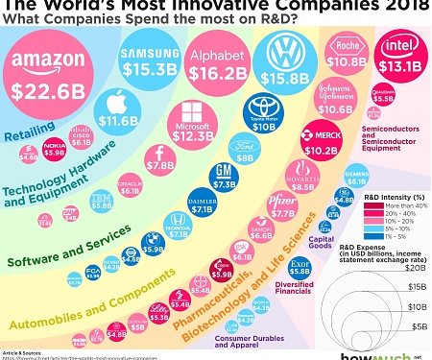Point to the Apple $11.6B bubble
point(117,110)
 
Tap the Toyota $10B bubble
point(261,113)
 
